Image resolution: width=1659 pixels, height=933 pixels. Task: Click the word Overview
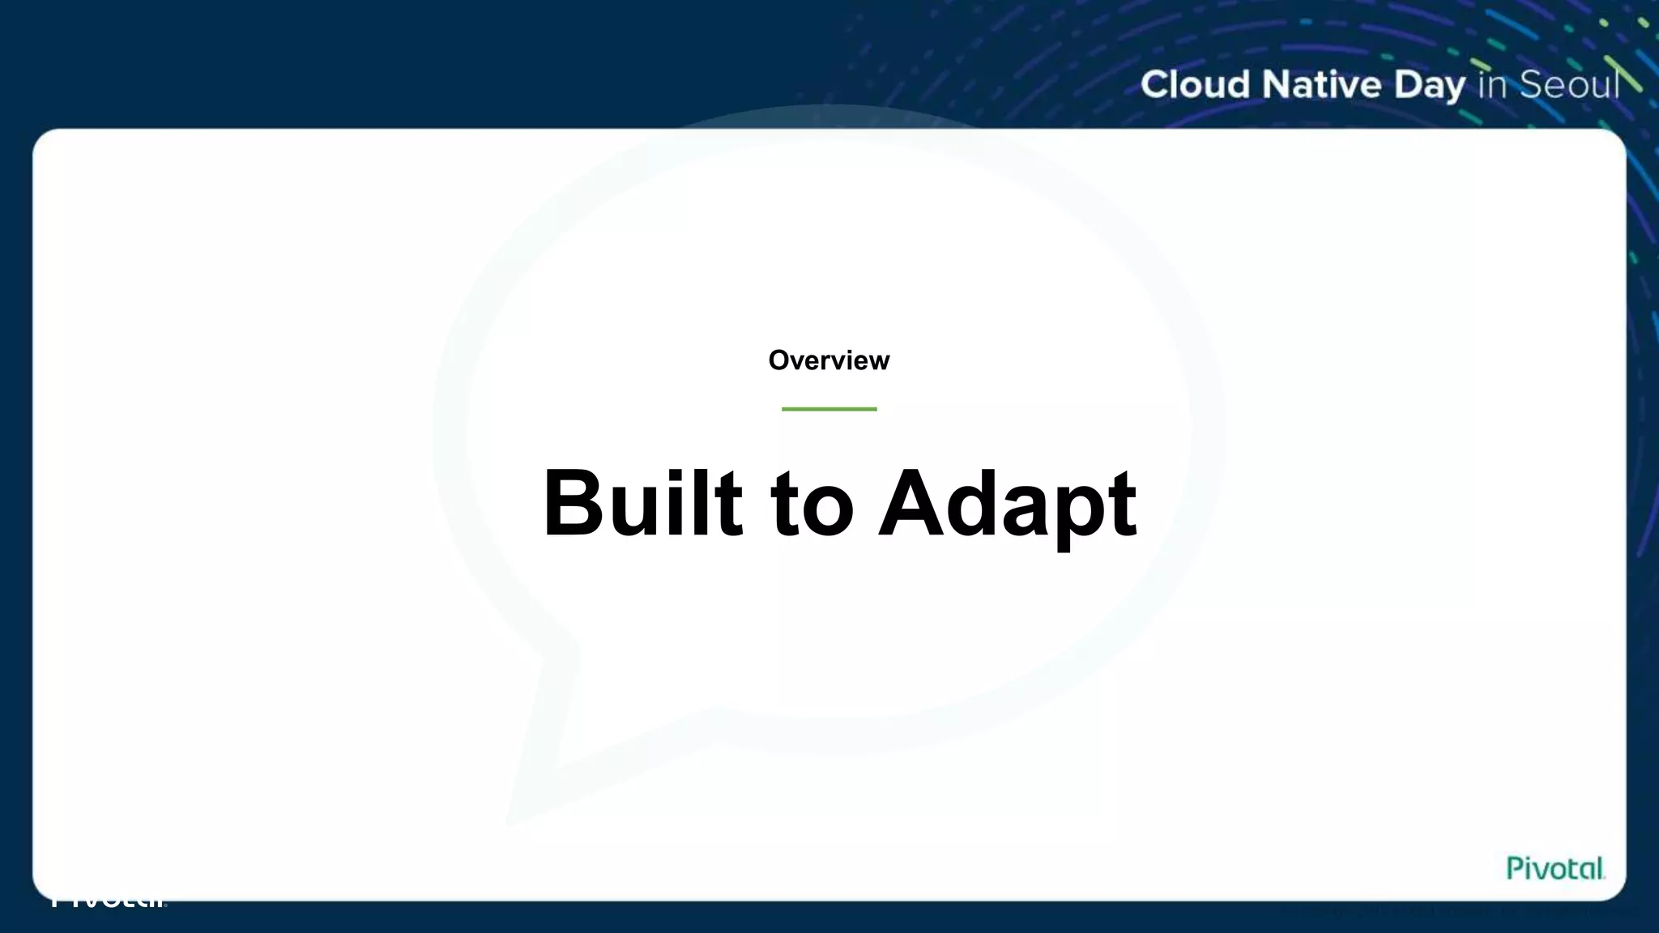829,360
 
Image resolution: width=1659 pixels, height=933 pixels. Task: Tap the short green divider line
829,409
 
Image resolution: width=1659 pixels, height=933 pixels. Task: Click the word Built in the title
642,504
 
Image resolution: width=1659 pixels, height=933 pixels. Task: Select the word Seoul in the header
1569,85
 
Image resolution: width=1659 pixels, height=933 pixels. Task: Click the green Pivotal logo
1555,868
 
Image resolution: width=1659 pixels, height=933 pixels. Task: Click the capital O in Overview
779,360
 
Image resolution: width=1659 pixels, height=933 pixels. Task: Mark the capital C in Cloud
1156,85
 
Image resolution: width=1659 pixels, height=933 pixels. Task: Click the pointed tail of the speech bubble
527,802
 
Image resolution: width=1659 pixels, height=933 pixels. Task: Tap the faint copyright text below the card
1458,911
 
